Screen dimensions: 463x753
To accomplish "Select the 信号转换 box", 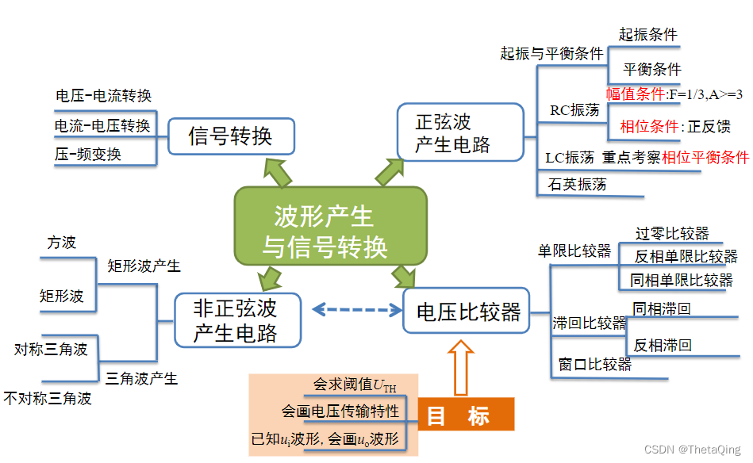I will tap(230, 136).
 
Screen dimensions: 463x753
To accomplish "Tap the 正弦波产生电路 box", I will tap(459, 132).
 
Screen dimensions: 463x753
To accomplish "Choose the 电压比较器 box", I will tap(466, 312).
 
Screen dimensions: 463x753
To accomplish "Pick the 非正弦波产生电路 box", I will tap(237, 320).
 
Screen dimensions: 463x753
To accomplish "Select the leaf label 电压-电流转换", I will tap(103, 96).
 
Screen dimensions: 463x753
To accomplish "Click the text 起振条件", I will tap(647, 34).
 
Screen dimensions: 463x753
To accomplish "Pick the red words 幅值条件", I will tap(636, 94).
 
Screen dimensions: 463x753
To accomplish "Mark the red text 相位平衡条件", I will tap(705, 157).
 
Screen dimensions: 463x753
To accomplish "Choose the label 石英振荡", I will tap(577, 185).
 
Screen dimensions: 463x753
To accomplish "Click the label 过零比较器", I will tap(671, 233).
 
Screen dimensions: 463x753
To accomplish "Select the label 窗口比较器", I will tap(594, 365).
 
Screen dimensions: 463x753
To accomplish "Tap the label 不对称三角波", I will tap(48, 398).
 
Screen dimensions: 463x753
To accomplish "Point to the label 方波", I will tap(61, 243).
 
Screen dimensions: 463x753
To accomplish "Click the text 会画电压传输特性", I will tap(340, 411).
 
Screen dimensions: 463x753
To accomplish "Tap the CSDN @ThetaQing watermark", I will tap(693, 450).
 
